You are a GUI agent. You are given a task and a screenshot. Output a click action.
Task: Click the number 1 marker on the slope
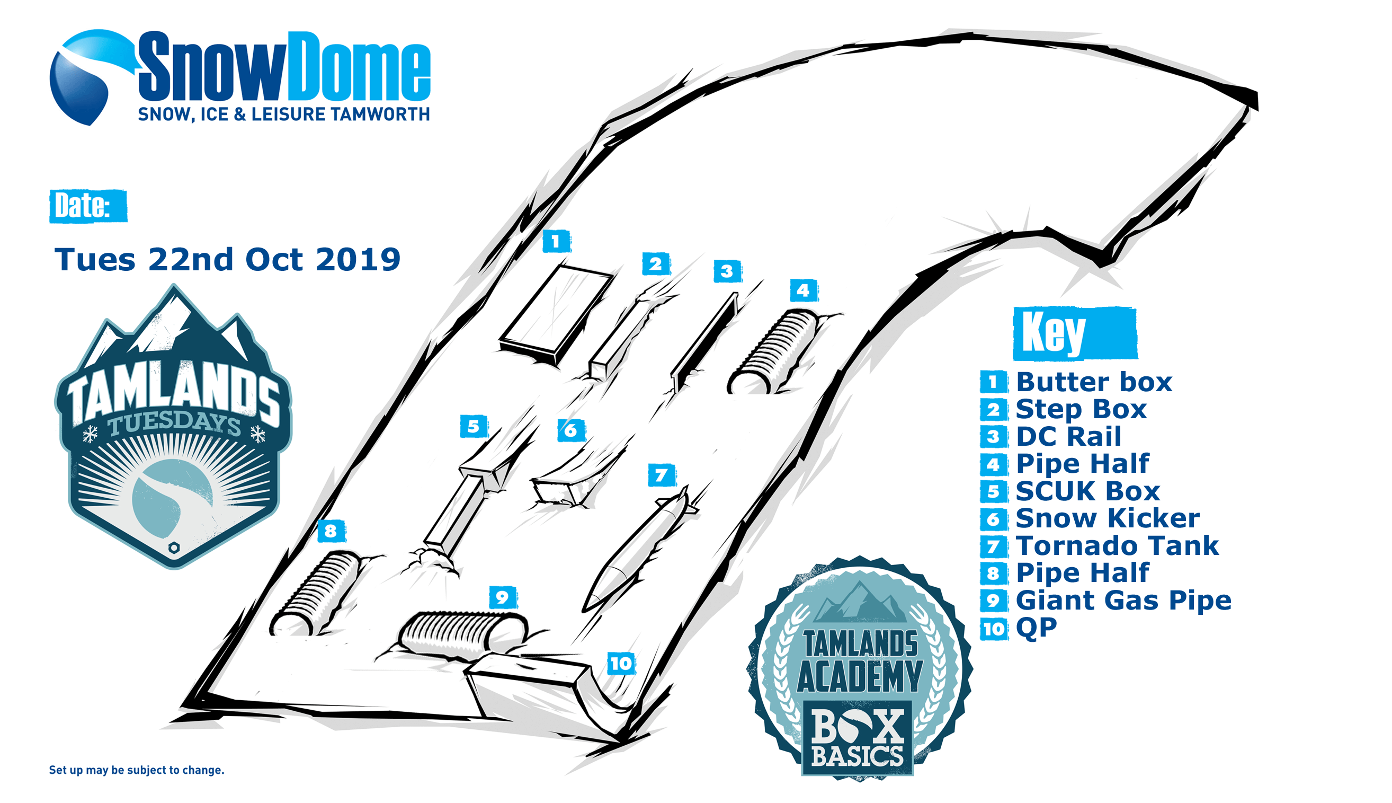556,241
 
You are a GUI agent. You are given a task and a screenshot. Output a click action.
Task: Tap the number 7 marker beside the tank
661,475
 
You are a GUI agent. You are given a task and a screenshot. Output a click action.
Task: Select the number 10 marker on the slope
621,663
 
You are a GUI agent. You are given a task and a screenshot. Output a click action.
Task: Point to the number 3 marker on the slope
727,271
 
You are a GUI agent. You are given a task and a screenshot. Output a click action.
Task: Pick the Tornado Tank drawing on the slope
639,552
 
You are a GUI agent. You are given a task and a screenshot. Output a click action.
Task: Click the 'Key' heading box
1075,334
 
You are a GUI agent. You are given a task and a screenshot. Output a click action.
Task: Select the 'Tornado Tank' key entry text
1117,545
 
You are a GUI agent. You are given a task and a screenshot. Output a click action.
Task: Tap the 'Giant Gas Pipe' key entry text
1123,600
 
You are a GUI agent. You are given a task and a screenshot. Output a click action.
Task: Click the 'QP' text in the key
1036,628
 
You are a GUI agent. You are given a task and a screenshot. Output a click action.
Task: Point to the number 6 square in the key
994,518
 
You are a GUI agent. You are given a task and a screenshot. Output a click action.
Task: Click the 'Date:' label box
88,206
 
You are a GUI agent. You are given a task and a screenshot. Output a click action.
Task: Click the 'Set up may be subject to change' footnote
137,770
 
